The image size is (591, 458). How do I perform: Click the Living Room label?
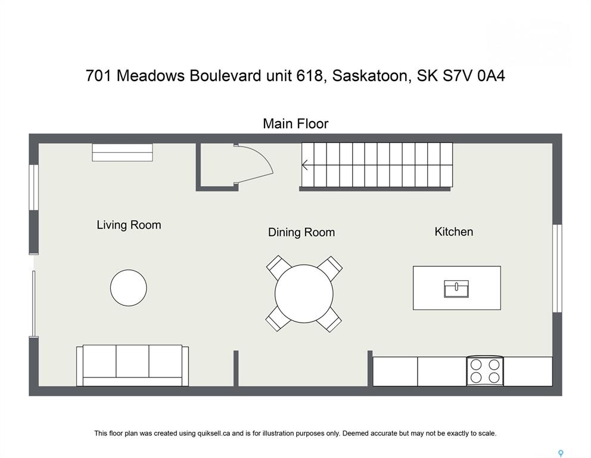click(x=129, y=225)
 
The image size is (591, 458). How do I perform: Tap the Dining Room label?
click(x=301, y=232)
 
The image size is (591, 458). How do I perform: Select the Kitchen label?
click(x=454, y=231)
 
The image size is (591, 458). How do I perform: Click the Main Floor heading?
click(x=295, y=123)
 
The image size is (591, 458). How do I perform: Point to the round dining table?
click(x=304, y=293)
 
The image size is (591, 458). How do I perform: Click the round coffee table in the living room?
click(x=129, y=287)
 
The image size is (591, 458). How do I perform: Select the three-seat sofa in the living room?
click(x=132, y=365)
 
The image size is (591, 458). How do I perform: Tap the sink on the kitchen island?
click(x=456, y=289)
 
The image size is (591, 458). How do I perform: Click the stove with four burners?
click(x=485, y=371)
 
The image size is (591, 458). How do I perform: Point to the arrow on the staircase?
click(x=305, y=165)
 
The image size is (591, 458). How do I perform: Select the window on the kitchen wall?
click(x=558, y=268)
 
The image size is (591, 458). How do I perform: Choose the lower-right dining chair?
click(x=329, y=320)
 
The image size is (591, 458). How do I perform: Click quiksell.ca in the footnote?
click(x=214, y=434)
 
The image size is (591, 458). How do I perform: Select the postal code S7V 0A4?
click(x=474, y=76)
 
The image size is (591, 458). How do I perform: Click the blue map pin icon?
click(x=561, y=453)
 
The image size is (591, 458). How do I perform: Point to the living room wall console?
click(x=123, y=152)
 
